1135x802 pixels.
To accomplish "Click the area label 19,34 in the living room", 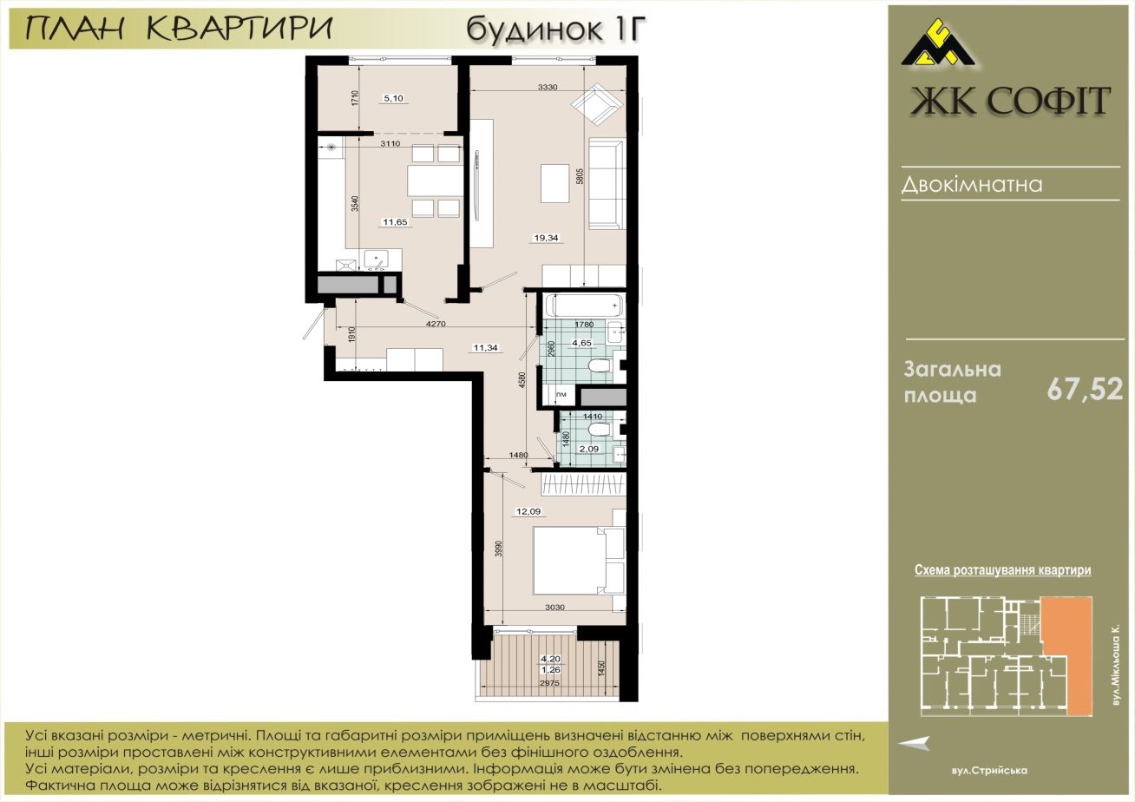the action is coord(546,238).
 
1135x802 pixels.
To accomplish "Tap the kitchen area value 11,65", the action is coord(395,222).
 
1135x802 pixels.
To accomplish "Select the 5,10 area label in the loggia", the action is coord(394,98).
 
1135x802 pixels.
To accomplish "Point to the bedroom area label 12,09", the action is coord(528,511).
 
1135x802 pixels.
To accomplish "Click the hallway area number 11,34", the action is coord(485,348).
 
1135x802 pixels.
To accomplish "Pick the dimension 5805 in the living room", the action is coord(581,176).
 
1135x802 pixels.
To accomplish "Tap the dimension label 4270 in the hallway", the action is coord(436,324).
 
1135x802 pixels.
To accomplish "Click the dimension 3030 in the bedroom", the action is coord(554,607).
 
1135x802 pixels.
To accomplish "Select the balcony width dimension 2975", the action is coord(550,683).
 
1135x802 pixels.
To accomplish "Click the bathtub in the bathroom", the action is coord(584,306).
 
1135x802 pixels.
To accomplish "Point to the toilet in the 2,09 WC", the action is coord(600,430).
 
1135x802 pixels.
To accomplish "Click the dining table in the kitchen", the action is coord(436,181).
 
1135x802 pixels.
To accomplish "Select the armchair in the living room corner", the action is coord(596,104).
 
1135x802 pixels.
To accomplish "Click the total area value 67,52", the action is coord(1085,390).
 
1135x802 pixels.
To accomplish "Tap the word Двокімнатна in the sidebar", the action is coord(972,185).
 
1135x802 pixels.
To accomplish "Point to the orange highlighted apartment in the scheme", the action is coord(1066,656).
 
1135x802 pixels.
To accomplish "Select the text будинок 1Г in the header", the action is coord(556,30).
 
